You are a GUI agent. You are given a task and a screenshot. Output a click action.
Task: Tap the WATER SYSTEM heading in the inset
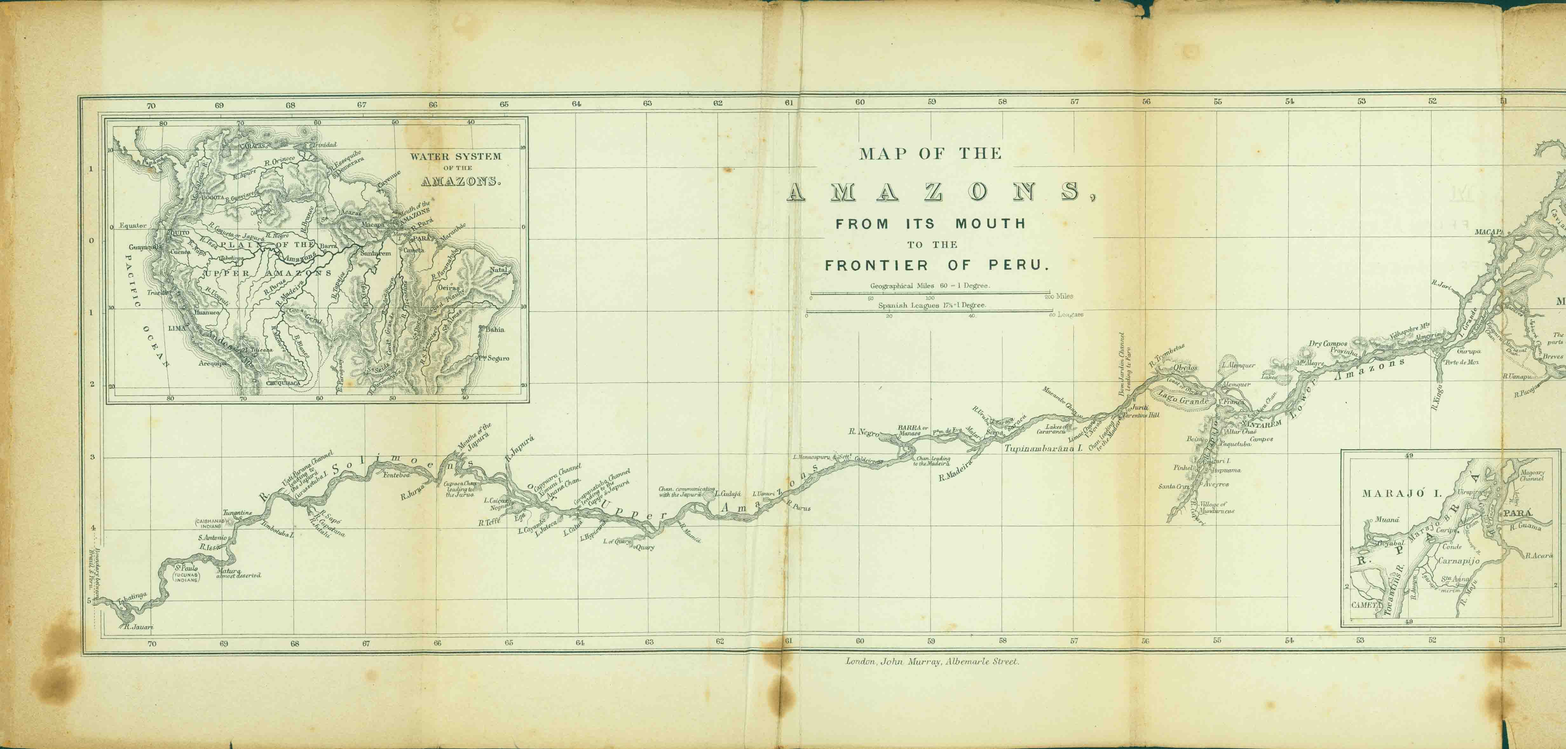tap(455, 156)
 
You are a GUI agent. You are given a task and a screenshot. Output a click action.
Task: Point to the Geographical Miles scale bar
tap(930, 294)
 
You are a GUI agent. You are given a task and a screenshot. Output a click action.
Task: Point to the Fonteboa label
tap(397, 475)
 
